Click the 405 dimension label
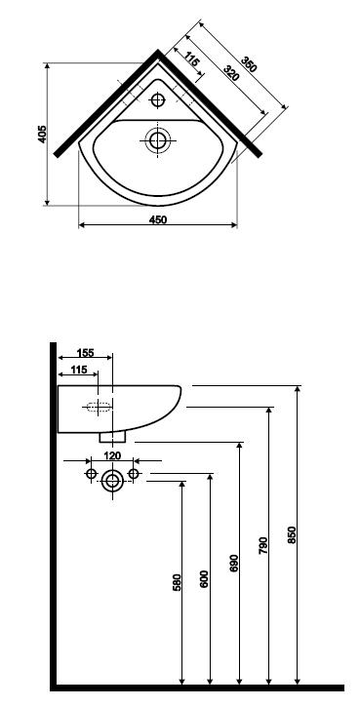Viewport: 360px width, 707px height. tap(42, 134)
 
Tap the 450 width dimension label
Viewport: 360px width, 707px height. tap(158, 219)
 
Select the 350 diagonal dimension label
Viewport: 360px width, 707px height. tap(248, 64)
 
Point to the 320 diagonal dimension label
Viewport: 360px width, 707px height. tap(231, 73)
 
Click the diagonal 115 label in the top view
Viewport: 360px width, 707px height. tap(192, 59)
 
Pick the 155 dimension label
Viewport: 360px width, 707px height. tap(85, 353)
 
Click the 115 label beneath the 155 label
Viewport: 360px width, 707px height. tap(79, 370)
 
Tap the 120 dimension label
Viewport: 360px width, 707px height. tap(112, 455)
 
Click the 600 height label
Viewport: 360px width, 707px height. tap(204, 578)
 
